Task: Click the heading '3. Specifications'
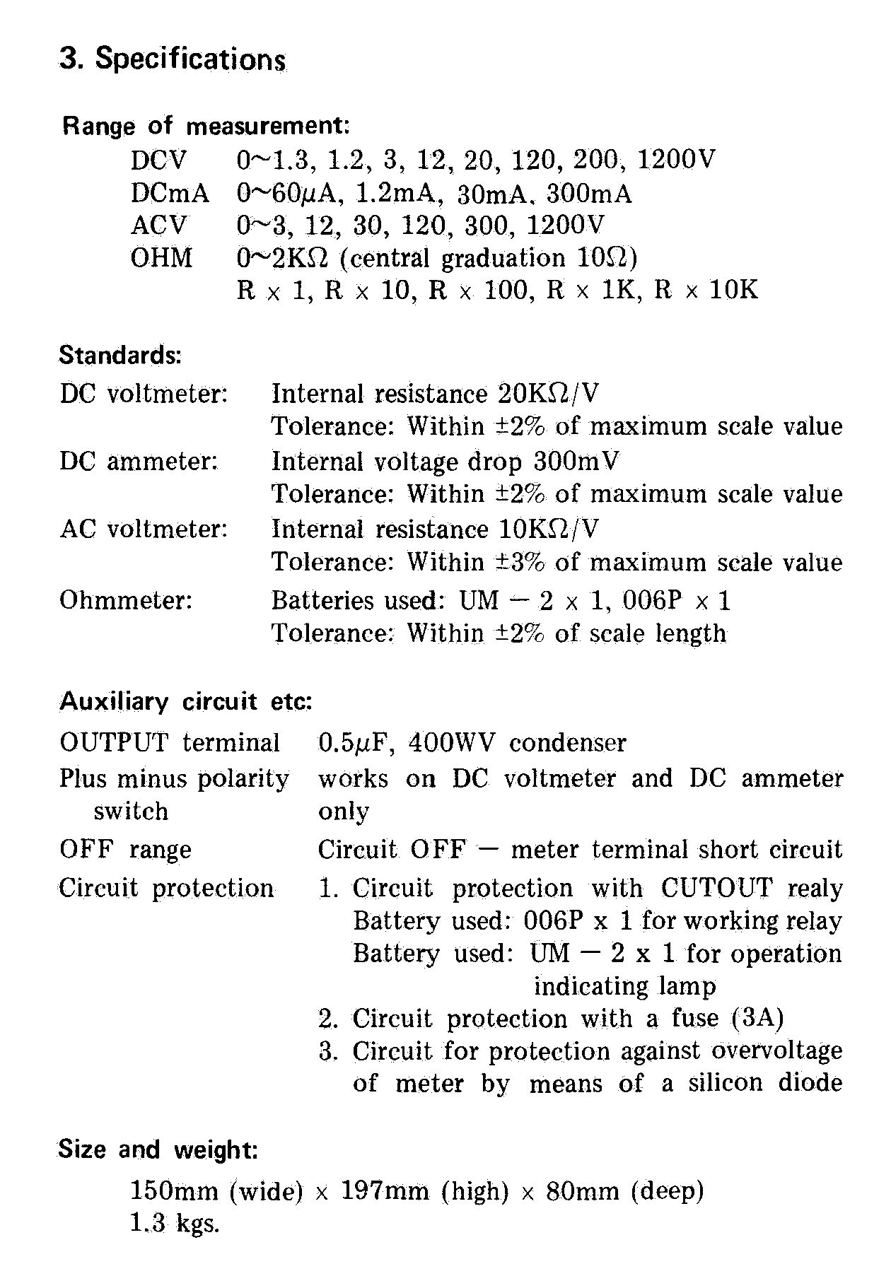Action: (x=173, y=59)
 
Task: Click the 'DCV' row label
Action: (x=159, y=160)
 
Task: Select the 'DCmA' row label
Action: (x=170, y=193)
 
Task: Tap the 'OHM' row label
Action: (x=161, y=257)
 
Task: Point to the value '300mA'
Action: (x=589, y=193)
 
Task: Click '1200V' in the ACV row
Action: (x=566, y=225)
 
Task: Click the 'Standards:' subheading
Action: (x=120, y=354)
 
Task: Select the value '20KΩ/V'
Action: (x=547, y=393)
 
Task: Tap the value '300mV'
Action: (x=576, y=461)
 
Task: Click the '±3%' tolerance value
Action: (x=520, y=562)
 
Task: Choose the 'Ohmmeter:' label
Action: (x=126, y=600)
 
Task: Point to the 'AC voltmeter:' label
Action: (x=144, y=529)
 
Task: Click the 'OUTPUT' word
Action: (x=114, y=742)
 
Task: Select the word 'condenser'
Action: (x=568, y=742)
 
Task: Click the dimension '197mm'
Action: (x=385, y=1191)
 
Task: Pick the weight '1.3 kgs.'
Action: (x=175, y=1224)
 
